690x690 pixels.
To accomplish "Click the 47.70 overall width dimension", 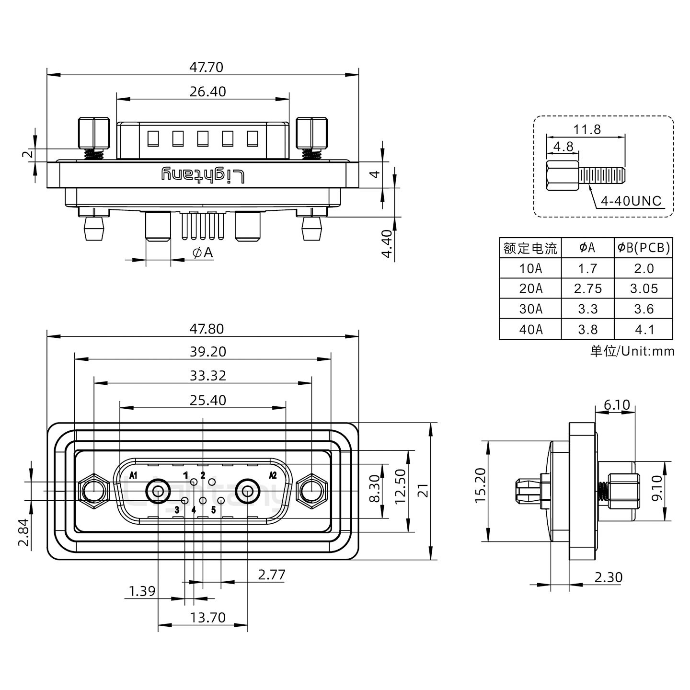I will click(206, 67).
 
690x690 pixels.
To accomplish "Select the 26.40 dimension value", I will click(207, 92).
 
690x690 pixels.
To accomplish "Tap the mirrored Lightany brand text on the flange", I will click(203, 175).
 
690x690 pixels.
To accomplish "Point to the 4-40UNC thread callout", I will click(631, 201).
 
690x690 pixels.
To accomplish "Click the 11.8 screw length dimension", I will click(587, 129).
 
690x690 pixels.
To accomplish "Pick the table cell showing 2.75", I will click(587, 288).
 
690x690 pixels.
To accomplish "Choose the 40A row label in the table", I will click(530, 329).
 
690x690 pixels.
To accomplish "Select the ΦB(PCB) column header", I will click(644, 248).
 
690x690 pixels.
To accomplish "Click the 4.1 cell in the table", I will click(644, 329).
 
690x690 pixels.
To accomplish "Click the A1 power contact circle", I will click(158, 491).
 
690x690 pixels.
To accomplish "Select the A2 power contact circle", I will click(248, 491).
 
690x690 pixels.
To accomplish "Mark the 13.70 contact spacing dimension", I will click(207, 617).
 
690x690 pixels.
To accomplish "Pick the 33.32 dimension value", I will click(207, 376).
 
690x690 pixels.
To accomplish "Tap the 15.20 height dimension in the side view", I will click(481, 485).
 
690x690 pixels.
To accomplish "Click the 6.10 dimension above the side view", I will click(616, 405).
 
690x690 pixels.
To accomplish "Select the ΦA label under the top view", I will click(203, 253).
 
